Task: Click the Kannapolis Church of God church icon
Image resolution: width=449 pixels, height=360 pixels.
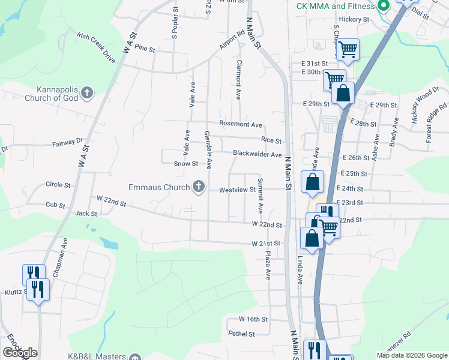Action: (87, 92)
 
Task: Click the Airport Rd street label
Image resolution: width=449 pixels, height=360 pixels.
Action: (232, 39)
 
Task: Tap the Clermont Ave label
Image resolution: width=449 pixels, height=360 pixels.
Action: (239, 79)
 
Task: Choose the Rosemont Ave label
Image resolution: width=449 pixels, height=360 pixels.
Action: (241, 125)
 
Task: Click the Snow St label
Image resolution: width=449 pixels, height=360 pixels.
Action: (185, 163)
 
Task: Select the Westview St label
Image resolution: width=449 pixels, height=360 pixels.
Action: (237, 190)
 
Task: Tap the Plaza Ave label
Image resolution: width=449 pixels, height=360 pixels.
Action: (268, 265)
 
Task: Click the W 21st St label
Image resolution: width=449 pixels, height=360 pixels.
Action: (266, 244)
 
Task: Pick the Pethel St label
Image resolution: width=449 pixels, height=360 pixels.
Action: (241, 334)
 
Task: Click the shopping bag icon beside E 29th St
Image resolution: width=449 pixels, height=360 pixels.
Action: (343, 94)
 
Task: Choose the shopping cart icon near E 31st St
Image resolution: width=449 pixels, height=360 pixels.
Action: (348, 49)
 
